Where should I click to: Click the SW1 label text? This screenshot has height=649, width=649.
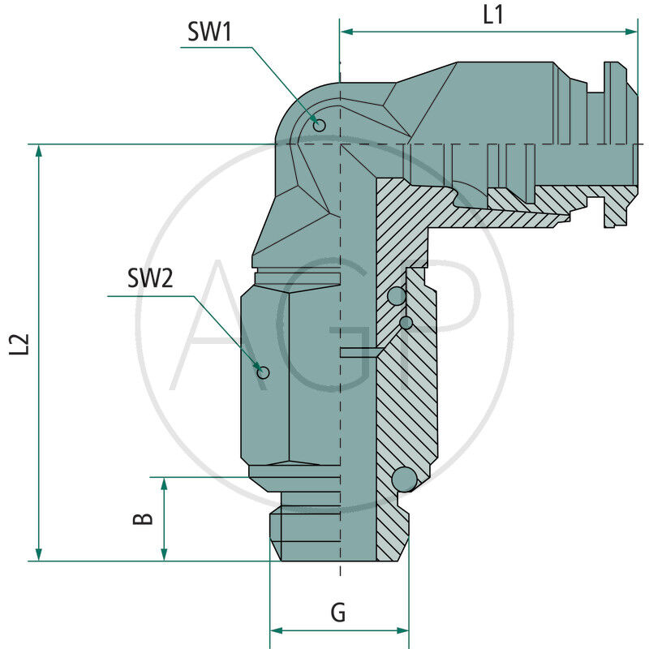tap(210, 32)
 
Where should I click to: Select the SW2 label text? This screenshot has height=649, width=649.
tap(150, 278)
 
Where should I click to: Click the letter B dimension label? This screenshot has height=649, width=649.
tap(143, 517)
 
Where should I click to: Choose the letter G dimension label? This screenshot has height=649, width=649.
tap(338, 612)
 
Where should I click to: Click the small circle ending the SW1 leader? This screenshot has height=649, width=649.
tap(319, 125)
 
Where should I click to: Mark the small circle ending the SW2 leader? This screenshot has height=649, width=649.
tap(262, 372)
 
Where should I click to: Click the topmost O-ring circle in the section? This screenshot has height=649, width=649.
tap(396, 297)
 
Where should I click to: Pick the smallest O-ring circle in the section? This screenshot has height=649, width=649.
tap(406, 323)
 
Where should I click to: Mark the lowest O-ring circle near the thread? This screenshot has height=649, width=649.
tap(404, 479)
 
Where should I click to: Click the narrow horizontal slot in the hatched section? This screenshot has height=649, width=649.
tap(359, 352)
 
